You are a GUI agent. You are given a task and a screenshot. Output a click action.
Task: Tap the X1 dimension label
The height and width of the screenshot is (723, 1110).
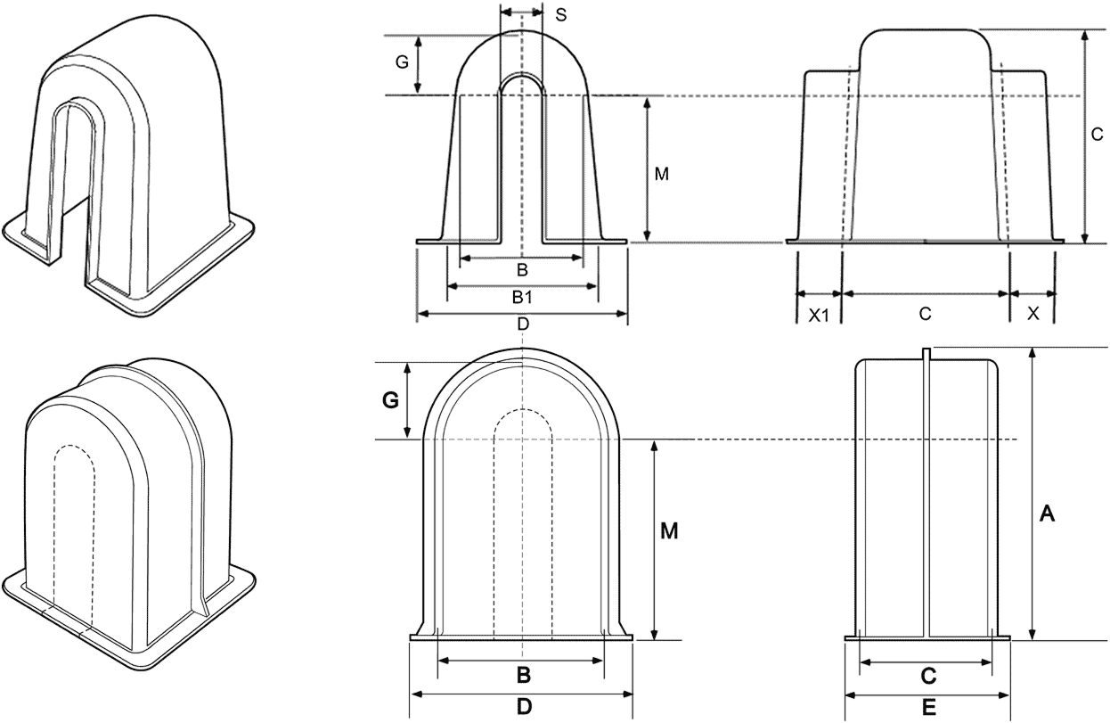819,314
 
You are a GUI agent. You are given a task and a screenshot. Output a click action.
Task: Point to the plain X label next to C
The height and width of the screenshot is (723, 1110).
1032,314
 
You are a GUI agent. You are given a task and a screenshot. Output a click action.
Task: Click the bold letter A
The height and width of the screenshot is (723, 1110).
1048,513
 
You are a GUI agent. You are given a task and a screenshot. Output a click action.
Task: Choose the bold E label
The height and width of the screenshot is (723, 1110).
927,707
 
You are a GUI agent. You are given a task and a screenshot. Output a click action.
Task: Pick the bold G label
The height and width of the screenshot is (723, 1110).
389,401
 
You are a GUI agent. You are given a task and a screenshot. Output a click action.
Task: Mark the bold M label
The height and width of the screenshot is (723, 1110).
669,531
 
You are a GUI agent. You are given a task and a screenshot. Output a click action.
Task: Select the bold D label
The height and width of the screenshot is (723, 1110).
524,707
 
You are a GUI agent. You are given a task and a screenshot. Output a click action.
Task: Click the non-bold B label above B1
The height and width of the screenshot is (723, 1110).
523,269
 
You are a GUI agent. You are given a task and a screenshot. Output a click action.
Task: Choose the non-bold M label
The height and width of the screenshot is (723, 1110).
661,175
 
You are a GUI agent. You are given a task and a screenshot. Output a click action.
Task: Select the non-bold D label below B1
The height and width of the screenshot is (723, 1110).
523,325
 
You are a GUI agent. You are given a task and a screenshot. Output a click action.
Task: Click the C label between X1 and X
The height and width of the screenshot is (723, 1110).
925,314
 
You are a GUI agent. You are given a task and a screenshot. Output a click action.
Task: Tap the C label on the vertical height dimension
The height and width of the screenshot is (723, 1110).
1098,136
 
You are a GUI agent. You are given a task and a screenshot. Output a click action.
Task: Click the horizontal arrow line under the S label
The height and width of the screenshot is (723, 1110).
521,12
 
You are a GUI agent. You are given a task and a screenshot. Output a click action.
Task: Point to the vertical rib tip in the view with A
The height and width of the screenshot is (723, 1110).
926,352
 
